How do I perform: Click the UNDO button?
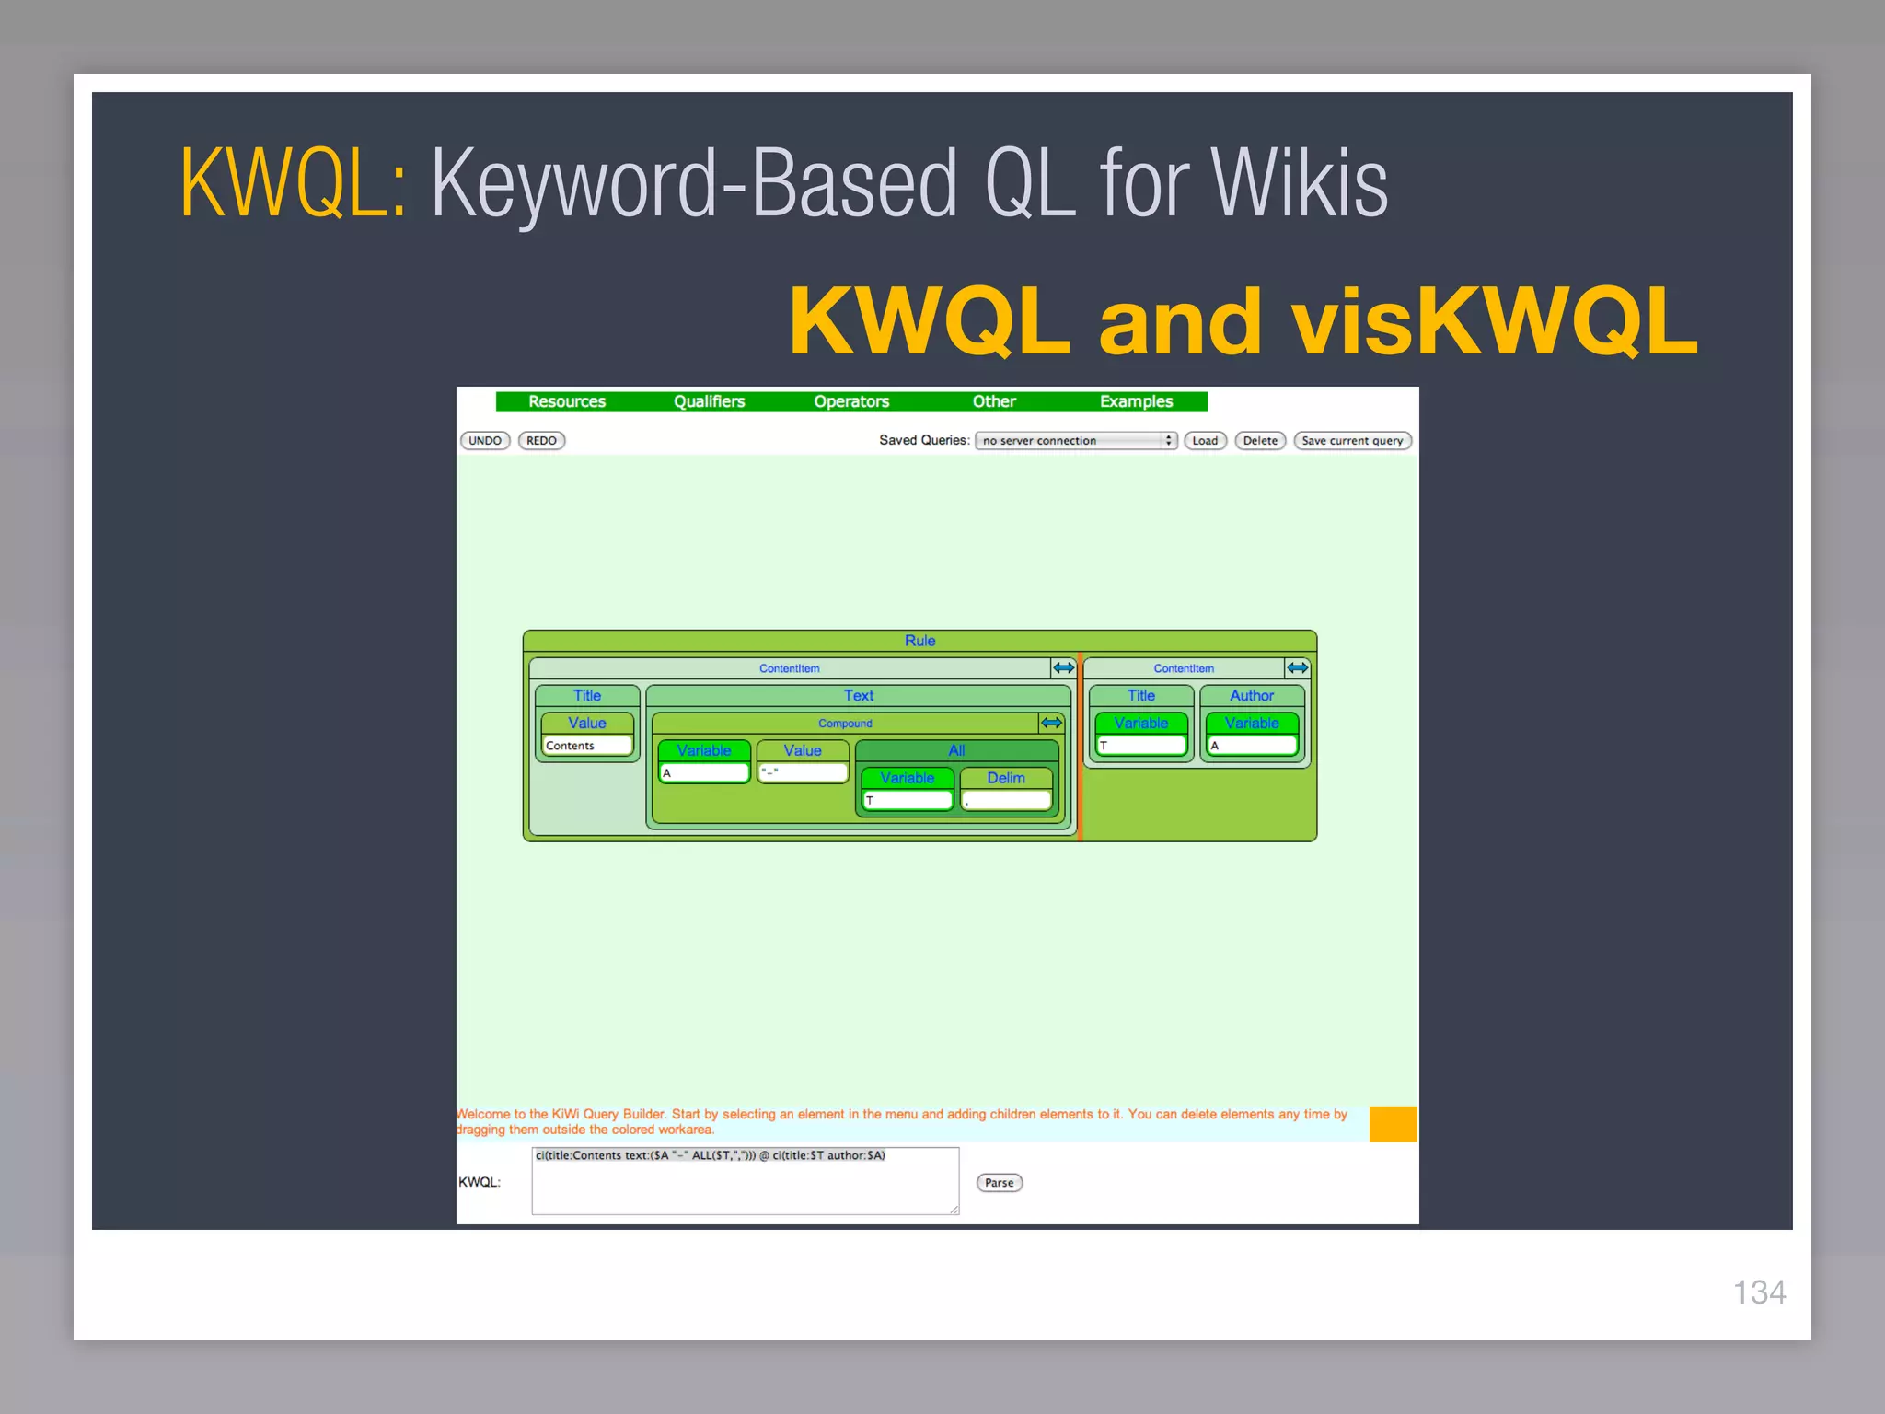click(485, 441)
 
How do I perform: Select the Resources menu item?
click(567, 401)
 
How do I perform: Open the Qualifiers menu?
click(709, 401)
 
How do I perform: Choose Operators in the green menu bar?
click(851, 401)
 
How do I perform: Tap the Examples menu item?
click(1136, 401)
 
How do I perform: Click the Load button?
click(1205, 441)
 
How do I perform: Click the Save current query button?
click(1352, 441)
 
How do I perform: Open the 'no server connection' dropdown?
click(1076, 441)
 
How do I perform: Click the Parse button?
click(999, 1183)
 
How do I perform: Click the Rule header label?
click(919, 641)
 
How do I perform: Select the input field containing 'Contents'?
click(587, 746)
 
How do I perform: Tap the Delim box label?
click(1005, 778)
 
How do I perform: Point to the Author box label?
click(1252, 696)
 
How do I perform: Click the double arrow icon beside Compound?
click(1051, 723)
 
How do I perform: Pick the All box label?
click(956, 750)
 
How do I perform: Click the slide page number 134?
click(1759, 1292)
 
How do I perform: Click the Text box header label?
click(858, 696)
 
